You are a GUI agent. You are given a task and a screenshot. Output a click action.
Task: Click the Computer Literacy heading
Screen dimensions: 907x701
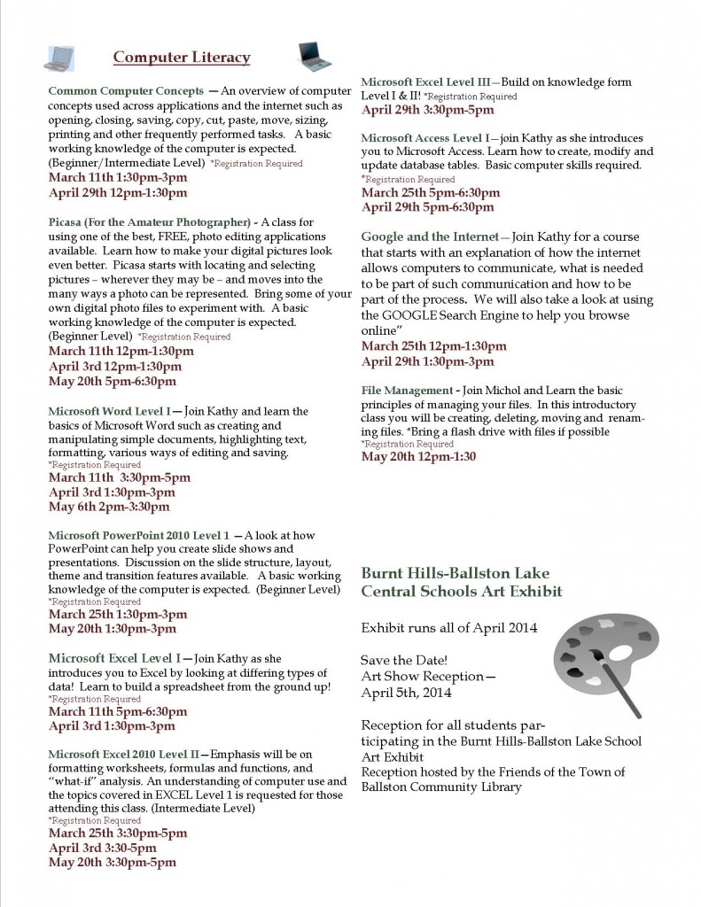click(182, 58)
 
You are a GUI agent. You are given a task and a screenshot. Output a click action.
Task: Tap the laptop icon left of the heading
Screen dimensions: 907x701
click(59, 58)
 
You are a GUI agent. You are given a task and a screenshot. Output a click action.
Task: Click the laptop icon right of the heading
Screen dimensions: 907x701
click(314, 56)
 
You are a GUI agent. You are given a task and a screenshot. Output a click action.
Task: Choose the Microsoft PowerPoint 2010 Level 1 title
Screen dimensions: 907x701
click(139, 536)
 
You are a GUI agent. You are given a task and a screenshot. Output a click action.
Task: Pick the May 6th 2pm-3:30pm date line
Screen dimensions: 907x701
click(108, 508)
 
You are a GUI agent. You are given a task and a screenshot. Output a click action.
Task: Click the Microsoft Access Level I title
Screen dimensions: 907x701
click(424, 138)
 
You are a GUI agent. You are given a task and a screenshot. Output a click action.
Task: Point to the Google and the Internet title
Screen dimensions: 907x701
click(430, 236)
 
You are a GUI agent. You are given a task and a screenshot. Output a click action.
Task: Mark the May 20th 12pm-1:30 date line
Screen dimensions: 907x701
click(418, 457)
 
